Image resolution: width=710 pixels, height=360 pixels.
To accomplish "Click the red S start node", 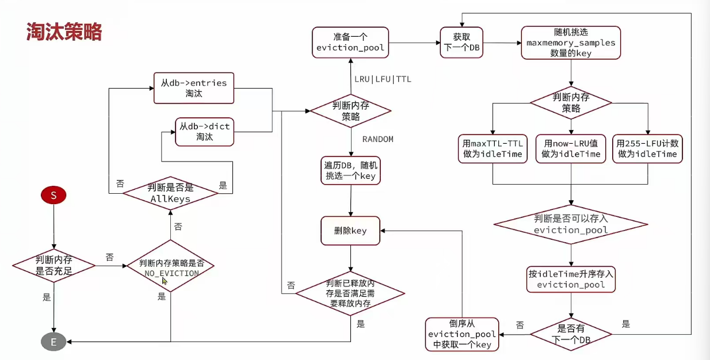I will (54, 196).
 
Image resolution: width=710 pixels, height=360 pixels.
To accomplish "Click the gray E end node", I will (54, 342).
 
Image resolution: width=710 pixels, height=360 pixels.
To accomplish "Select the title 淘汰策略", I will (64, 32).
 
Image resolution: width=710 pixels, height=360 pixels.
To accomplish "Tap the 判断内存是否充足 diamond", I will (54, 266).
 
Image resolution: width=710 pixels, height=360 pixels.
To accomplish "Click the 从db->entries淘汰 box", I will (194, 87).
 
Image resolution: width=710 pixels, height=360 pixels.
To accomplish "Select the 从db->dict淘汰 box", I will (204, 132).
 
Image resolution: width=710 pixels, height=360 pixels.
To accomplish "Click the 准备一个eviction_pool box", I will (350, 42).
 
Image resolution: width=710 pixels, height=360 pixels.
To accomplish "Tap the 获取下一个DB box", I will (461, 42).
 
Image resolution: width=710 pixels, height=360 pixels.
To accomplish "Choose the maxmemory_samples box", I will (571, 43).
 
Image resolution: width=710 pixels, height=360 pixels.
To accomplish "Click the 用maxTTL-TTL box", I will (493, 148).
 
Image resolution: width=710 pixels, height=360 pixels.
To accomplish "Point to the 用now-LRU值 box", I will (571, 148).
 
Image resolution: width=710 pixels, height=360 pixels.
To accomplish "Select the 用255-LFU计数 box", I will (647, 148).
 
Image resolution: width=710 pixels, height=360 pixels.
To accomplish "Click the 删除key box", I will (350, 231).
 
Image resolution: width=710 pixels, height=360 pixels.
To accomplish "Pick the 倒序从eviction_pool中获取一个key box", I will (462, 334).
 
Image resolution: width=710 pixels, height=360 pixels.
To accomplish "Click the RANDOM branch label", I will (378, 139).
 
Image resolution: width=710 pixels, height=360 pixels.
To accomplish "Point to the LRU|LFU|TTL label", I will (383, 79).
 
